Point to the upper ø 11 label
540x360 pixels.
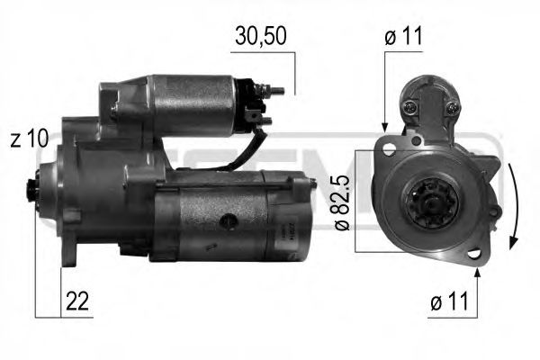point(403,37)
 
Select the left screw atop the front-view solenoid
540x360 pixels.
point(411,108)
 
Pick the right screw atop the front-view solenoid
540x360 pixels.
point(449,108)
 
